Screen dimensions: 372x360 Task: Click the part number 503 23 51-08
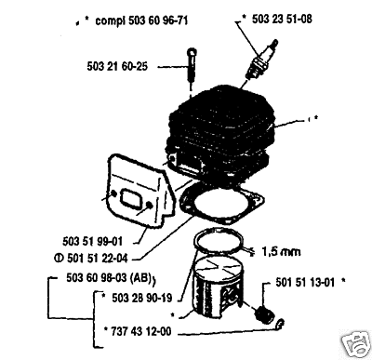282,20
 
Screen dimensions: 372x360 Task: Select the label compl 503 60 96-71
141,20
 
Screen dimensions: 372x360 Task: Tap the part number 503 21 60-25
117,66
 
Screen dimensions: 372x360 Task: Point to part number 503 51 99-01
92,241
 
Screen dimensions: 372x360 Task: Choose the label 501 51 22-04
98,258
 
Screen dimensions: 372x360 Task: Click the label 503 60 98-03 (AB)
109,278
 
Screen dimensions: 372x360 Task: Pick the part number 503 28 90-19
141,298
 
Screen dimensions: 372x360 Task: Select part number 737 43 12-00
141,331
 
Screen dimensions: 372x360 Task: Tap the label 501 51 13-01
305,283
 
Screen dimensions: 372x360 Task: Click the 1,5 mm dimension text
281,251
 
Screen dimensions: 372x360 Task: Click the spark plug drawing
261,60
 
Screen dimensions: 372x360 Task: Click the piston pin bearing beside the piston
264,315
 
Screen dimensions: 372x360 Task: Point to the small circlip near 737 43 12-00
281,325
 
